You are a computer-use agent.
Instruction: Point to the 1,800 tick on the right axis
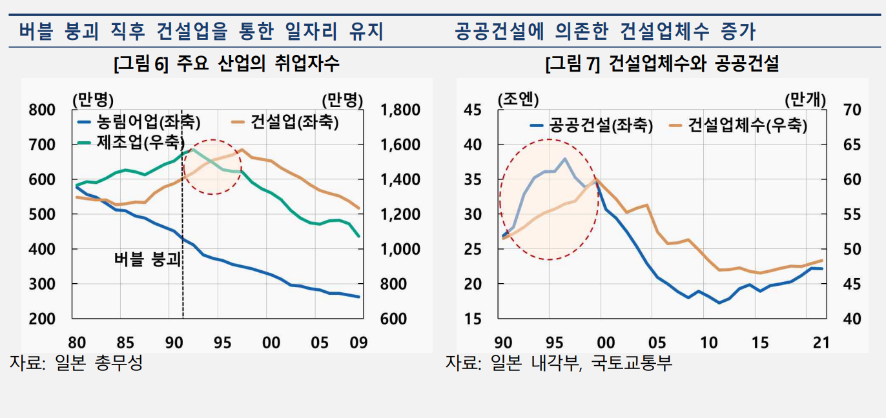(x=400, y=110)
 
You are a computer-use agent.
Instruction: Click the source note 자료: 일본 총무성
(x=76, y=363)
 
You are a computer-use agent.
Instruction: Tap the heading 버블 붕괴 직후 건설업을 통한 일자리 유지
(x=201, y=30)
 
